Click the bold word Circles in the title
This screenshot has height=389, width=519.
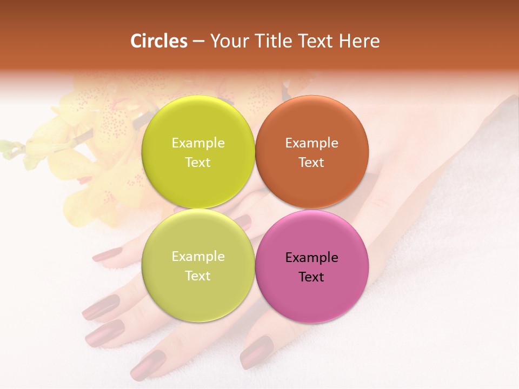pos(158,41)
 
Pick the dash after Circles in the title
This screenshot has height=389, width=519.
pos(198,42)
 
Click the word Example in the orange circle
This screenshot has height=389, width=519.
pos(311,143)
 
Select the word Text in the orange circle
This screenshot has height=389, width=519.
pos(311,162)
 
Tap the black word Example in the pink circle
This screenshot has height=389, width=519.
pos(311,258)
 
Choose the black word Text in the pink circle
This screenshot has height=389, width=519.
pos(311,277)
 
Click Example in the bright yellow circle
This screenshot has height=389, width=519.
pos(198,143)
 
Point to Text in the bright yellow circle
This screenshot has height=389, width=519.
pos(198,162)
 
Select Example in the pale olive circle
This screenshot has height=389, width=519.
pos(198,257)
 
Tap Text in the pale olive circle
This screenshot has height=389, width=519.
pos(198,276)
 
